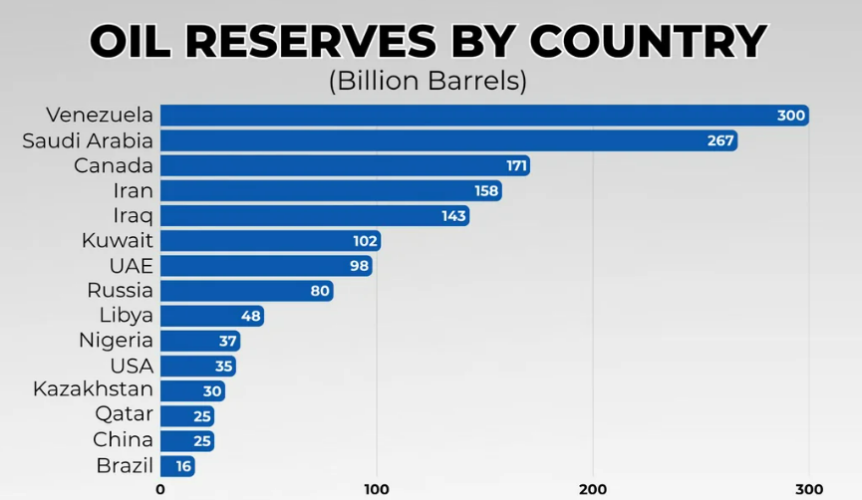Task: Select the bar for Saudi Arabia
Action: point(448,140)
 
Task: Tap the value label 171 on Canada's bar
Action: point(516,165)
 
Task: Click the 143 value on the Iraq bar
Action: point(453,216)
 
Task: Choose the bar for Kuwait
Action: point(269,241)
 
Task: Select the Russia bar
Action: point(245,291)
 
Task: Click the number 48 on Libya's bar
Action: point(250,317)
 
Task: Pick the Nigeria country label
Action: point(116,341)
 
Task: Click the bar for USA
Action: point(197,366)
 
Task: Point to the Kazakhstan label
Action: point(93,389)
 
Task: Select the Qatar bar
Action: point(187,415)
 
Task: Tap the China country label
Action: point(123,440)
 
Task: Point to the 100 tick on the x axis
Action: point(377,488)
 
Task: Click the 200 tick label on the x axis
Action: point(593,488)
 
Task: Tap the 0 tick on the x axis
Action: point(160,488)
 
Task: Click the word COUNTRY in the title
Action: point(648,42)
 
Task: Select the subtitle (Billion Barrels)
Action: point(428,81)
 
